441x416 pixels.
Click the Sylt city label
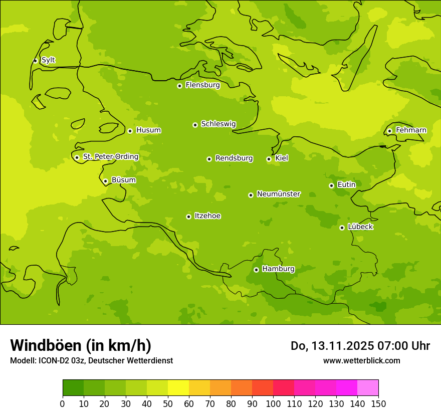[48, 60]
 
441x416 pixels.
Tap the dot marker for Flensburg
[179, 86]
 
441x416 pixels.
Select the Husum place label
[148, 130]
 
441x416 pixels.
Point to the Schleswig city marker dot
[195, 125]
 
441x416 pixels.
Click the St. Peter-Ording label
[110, 157]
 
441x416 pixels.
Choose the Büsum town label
[123, 180]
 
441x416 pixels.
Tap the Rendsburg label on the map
[234, 158]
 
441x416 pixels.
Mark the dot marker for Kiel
[269, 159]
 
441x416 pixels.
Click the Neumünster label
[279, 194]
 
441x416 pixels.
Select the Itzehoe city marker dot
[188, 217]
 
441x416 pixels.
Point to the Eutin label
[346, 185]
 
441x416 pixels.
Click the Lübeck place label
[360, 227]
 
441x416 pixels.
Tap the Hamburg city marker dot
[256, 270]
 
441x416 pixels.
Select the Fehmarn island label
[411, 130]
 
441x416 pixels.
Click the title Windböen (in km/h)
[81, 345]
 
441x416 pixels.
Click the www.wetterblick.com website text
[361, 361]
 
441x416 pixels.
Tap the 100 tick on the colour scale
[273, 403]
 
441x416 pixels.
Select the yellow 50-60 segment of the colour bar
[178, 388]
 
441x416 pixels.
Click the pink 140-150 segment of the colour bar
[368, 388]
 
